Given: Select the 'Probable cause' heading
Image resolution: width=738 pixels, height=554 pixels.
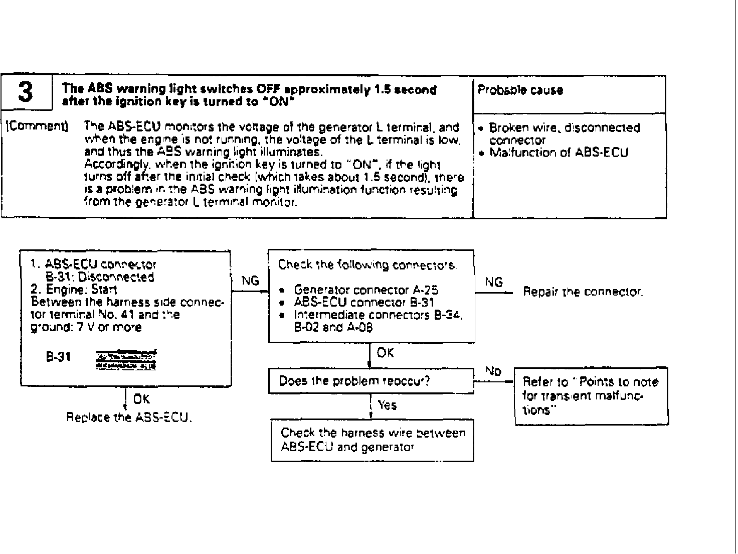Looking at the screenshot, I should [520, 90].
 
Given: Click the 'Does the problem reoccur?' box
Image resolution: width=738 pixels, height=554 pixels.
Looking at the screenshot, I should [371, 381].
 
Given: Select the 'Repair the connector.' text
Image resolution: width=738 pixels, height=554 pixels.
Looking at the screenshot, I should [583, 292].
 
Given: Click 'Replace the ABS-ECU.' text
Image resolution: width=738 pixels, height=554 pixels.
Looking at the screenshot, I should [129, 418].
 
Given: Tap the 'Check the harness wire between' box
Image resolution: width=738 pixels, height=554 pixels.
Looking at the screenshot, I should [372, 440].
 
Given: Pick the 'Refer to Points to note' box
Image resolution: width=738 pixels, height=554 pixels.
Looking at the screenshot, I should [591, 396].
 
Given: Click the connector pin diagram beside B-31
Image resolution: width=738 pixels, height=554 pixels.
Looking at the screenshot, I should [125, 359].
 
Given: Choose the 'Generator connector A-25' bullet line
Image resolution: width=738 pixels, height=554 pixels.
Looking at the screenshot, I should [366, 290].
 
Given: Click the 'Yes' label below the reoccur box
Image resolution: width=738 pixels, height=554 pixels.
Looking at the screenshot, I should [387, 405].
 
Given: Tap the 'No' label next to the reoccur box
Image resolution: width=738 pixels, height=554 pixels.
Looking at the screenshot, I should [493, 371].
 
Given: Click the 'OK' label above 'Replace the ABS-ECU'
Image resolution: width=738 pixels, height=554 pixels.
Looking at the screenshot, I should [141, 399].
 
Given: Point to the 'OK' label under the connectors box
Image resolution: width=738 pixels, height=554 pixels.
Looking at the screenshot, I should [385, 353].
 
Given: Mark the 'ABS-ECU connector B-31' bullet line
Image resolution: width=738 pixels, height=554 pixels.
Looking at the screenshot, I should [363, 302].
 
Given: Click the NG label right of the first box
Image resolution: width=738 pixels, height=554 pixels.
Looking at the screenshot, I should [250, 281].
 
